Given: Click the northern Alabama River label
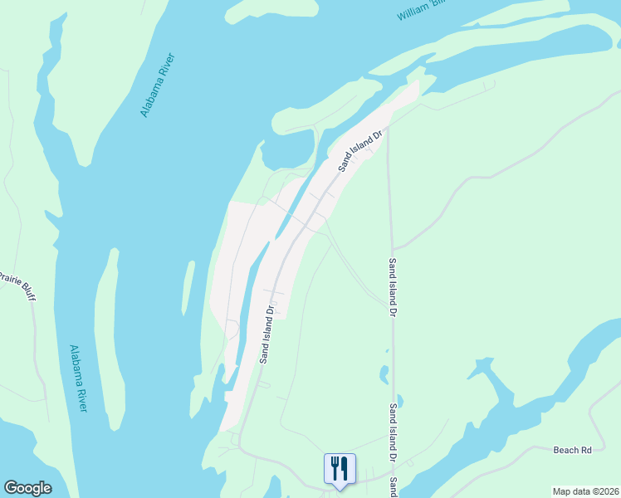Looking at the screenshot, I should pos(157,85).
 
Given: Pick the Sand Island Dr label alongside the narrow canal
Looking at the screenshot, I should pos(266,336).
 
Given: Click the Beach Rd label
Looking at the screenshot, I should pos(572,450).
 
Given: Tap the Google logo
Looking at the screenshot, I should pos(27,488).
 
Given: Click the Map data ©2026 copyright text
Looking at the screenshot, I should pos(585,491).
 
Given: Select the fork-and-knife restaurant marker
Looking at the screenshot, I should pos(339,468).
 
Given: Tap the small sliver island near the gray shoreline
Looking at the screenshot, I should pos(188,287).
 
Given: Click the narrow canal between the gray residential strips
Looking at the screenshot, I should pos(249,299).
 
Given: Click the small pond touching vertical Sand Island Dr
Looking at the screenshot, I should pos(399,403).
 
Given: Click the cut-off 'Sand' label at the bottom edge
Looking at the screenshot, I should pos(395,484).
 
